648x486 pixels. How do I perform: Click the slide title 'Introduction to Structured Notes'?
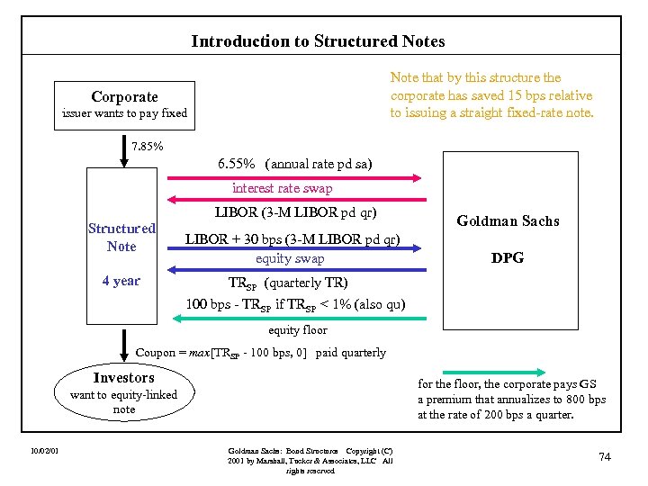[x=318, y=41]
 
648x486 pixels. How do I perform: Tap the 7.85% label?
[x=148, y=146]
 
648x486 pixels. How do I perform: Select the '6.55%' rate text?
[x=237, y=164]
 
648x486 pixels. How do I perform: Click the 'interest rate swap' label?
[x=282, y=188]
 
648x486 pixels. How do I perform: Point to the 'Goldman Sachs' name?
[x=508, y=220]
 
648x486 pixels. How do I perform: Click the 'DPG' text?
[x=508, y=257]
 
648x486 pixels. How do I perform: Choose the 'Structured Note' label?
[x=121, y=238]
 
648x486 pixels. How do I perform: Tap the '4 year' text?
[x=121, y=281]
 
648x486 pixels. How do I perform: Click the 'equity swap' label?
[x=289, y=258]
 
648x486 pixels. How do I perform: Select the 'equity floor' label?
[x=297, y=330]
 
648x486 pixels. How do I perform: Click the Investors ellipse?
[x=124, y=392]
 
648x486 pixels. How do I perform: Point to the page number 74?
[x=605, y=457]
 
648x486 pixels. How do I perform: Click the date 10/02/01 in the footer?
[x=43, y=450]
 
